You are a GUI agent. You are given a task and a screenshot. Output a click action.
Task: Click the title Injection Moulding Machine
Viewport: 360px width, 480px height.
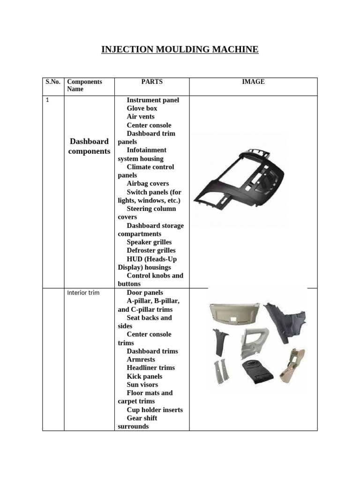click(180, 49)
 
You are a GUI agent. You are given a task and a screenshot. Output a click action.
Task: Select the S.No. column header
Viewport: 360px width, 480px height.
click(53, 82)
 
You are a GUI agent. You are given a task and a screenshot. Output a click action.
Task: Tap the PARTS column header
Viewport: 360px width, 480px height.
click(152, 82)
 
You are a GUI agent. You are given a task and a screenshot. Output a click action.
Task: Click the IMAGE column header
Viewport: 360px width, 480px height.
click(253, 82)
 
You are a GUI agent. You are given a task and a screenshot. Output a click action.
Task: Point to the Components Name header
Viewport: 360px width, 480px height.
click(84, 85)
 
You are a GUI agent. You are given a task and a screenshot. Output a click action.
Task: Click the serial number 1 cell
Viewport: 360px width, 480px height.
click(47, 100)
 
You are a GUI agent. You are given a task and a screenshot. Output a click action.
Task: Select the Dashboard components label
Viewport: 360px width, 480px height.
click(89, 146)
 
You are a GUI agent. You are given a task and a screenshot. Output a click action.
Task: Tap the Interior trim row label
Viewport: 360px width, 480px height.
click(83, 293)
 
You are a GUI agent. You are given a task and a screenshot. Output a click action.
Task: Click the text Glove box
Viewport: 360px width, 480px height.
click(142, 108)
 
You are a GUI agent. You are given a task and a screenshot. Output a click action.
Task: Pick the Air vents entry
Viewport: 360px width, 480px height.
click(141, 117)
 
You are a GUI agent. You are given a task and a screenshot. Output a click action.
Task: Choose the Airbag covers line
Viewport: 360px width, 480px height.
click(148, 184)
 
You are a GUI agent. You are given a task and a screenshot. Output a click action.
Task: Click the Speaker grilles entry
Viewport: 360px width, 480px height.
click(149, 242)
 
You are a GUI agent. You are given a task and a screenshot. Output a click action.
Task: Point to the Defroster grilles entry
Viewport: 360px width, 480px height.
click(151, 251)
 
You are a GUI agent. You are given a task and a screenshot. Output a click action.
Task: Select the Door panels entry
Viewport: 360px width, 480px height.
click(145, 293)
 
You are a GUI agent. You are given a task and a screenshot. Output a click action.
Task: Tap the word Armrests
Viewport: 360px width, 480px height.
click(141, 360)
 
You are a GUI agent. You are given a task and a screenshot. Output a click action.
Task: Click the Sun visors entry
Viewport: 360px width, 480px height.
click(142, 385)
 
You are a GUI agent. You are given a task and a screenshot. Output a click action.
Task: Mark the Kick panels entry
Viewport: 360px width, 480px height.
click(144, 376)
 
